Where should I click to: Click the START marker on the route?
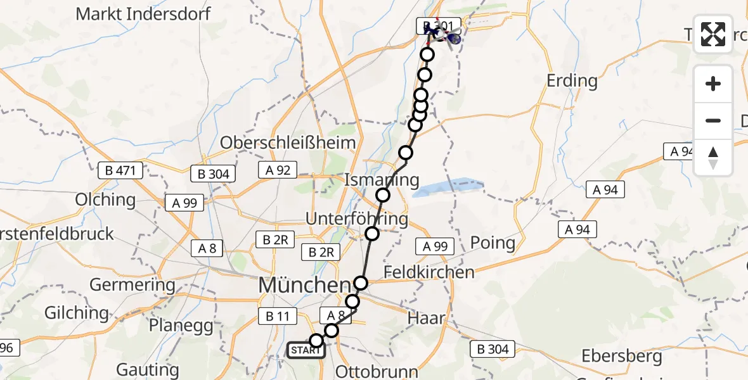(306, 350)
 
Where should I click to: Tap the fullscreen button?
(713, 34)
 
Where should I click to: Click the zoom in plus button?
(713, 84)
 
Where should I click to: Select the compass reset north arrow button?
(713, 157)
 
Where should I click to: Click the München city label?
(304, 285)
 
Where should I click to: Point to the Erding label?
(572, 80)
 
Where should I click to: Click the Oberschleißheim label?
(288, 142)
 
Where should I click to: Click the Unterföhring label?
(357, 218)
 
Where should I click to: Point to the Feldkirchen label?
(429, 272)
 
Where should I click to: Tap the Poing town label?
(493, 243)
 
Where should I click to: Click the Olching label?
(105, 199)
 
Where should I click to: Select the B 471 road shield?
(121, 170)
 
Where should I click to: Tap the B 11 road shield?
(274, 315)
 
